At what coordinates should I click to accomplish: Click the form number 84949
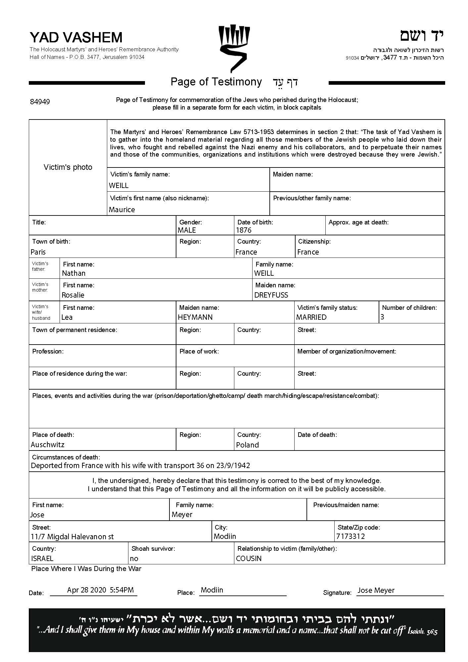40,102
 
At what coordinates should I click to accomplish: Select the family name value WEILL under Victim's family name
118,186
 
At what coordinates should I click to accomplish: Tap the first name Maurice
122,210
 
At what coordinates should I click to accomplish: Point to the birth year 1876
244,230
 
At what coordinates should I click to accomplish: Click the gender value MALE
187,230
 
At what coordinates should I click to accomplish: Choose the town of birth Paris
38,252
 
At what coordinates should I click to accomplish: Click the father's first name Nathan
74,273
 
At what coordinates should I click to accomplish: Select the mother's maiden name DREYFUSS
271,295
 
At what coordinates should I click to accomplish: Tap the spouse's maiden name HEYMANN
195,317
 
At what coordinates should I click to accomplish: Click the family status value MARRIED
311,317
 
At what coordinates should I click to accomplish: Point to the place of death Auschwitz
48,445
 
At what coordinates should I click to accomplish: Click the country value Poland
248,445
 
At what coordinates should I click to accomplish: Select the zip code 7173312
351,537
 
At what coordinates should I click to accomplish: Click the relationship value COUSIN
249,559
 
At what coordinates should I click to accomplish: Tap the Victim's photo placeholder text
68,167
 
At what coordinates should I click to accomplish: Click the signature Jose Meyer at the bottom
376,591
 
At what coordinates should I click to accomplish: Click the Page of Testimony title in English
216,82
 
